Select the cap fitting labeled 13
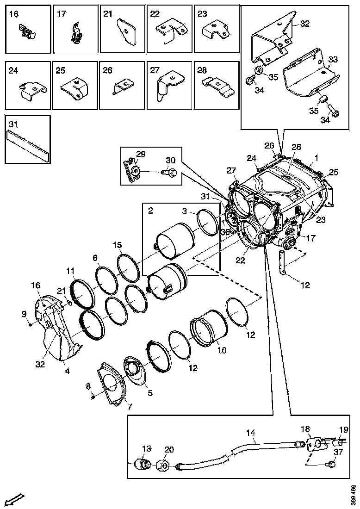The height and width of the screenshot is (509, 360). coord(142,463)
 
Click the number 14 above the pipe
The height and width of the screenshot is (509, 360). coord(250,433)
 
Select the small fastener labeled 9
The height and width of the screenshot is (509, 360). coord(30,323)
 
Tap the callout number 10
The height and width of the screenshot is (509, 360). coord(222,350)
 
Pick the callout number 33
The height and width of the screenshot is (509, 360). coord(333,60)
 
